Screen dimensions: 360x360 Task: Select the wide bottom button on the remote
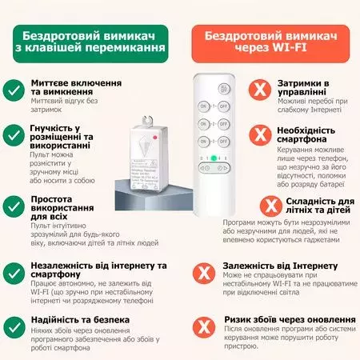click(x=212, y=168)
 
